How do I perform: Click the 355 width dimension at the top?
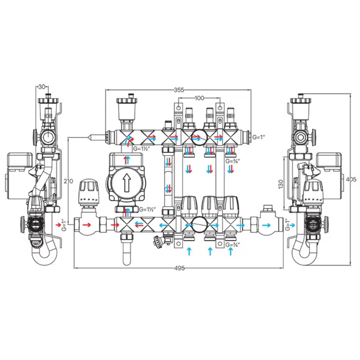point(179,90)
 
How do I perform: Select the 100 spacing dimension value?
point(199,98)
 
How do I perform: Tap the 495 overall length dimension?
point(179,269)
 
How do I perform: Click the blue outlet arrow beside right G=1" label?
point(293,224)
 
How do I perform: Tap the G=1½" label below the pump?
point(148,210)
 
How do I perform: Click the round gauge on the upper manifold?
point(198,137)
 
